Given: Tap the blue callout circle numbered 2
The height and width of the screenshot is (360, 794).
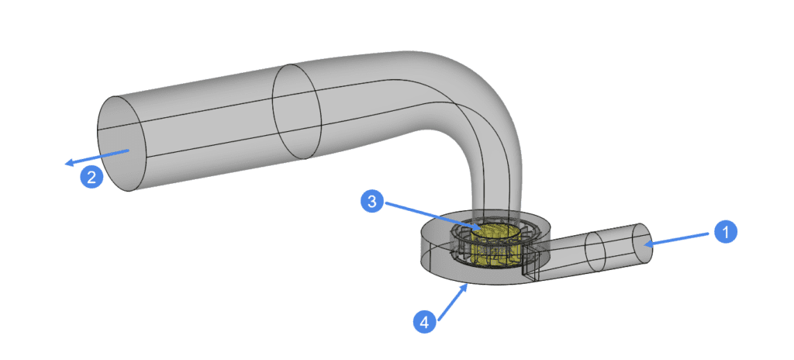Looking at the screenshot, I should [91, 177].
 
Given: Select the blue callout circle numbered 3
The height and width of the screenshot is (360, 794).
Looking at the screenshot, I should [372, 202].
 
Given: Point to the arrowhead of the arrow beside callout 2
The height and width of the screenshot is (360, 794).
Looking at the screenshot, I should [68, 163].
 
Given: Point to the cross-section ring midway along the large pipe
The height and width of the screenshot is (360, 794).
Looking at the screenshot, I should [297, 112].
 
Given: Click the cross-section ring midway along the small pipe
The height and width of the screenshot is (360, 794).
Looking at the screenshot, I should [595, 251].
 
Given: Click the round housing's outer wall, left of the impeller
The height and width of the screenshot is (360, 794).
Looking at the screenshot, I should [430, 248].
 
